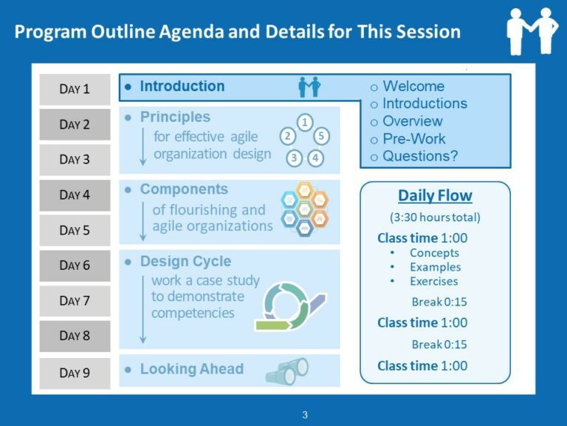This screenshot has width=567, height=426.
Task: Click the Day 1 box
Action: point(75,89)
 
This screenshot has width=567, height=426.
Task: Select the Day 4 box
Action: point(75,195)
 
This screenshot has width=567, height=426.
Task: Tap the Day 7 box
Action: point(75,301)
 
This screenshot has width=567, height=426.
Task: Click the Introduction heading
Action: point(182,87)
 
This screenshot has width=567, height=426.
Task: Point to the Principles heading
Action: point(175,118)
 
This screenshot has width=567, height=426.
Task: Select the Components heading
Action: point(184,190)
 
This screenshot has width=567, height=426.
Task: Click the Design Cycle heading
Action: point(185,262)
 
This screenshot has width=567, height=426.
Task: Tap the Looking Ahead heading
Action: point(191,369)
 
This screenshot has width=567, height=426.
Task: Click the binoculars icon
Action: point(287,371)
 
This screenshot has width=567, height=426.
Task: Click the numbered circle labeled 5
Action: point(320,136)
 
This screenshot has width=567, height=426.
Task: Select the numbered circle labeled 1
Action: point(304,122)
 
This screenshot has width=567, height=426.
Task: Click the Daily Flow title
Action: point(435,196)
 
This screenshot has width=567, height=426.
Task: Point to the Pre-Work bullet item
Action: point(413,139)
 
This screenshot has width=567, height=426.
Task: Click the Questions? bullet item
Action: point(419,157)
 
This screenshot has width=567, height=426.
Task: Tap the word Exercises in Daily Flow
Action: point(433,281)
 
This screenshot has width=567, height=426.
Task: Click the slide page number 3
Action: point(304,415)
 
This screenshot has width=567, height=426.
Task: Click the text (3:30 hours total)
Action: point(435,217)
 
